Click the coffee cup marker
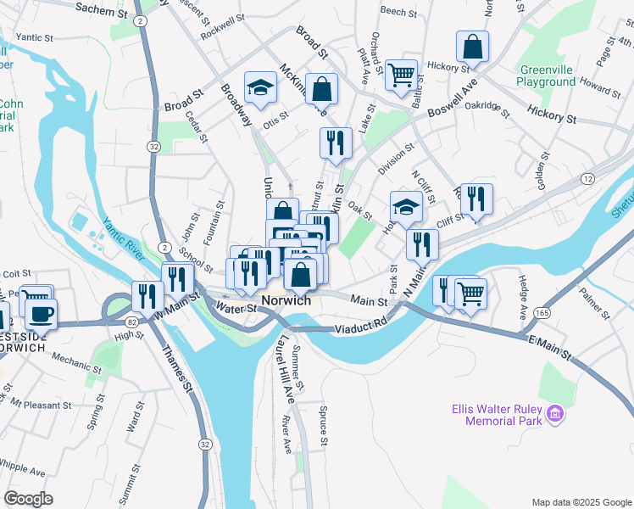click(40, 314)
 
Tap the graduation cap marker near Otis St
click(261, 87)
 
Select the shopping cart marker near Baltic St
click(401, 74)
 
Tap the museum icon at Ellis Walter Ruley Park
click(556, 414)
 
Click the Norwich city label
click(286, 301)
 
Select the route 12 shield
click(587, 178)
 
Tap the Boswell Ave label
click(453, 100)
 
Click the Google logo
click(28, 499)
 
